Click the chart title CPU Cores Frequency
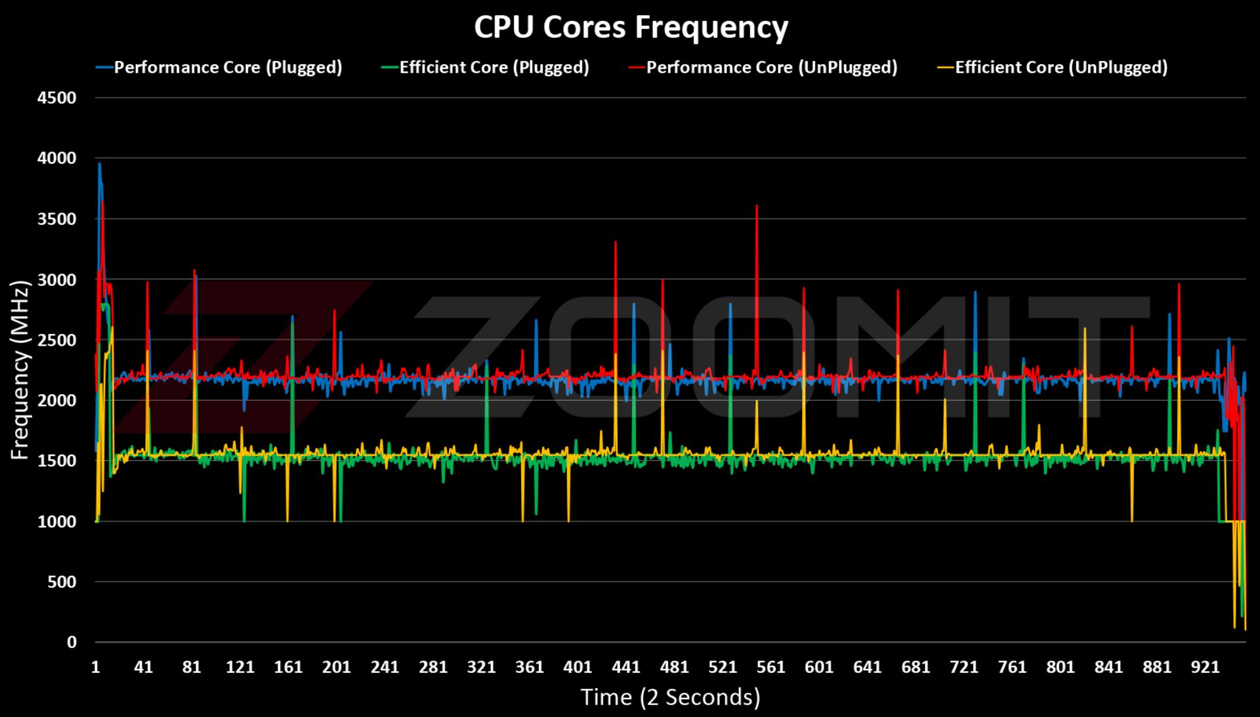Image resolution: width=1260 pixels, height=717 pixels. pos(631,28)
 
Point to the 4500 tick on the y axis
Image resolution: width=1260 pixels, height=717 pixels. pos(57,98)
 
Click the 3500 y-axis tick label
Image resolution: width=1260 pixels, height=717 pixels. pos(57,219)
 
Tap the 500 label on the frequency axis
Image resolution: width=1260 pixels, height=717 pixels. pos(62,582)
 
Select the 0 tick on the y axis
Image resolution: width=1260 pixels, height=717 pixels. pos(72,643)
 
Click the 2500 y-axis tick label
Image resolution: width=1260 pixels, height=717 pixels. pos(57,340)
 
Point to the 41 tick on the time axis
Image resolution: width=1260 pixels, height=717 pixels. pos(143,667)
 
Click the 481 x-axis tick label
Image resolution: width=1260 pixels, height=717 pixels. pos(674,667)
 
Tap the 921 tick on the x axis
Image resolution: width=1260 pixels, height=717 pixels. pos(1205,667)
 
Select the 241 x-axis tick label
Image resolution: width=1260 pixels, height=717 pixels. pos(385,667)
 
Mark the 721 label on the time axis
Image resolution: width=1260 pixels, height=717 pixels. pos(963,667)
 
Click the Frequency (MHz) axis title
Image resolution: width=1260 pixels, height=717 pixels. pos(20,370)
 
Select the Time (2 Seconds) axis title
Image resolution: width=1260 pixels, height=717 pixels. pos(670,697)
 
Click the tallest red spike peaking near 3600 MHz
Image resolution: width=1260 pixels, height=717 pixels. pos(757,207)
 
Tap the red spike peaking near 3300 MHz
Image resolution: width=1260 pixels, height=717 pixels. pos(615,243)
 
